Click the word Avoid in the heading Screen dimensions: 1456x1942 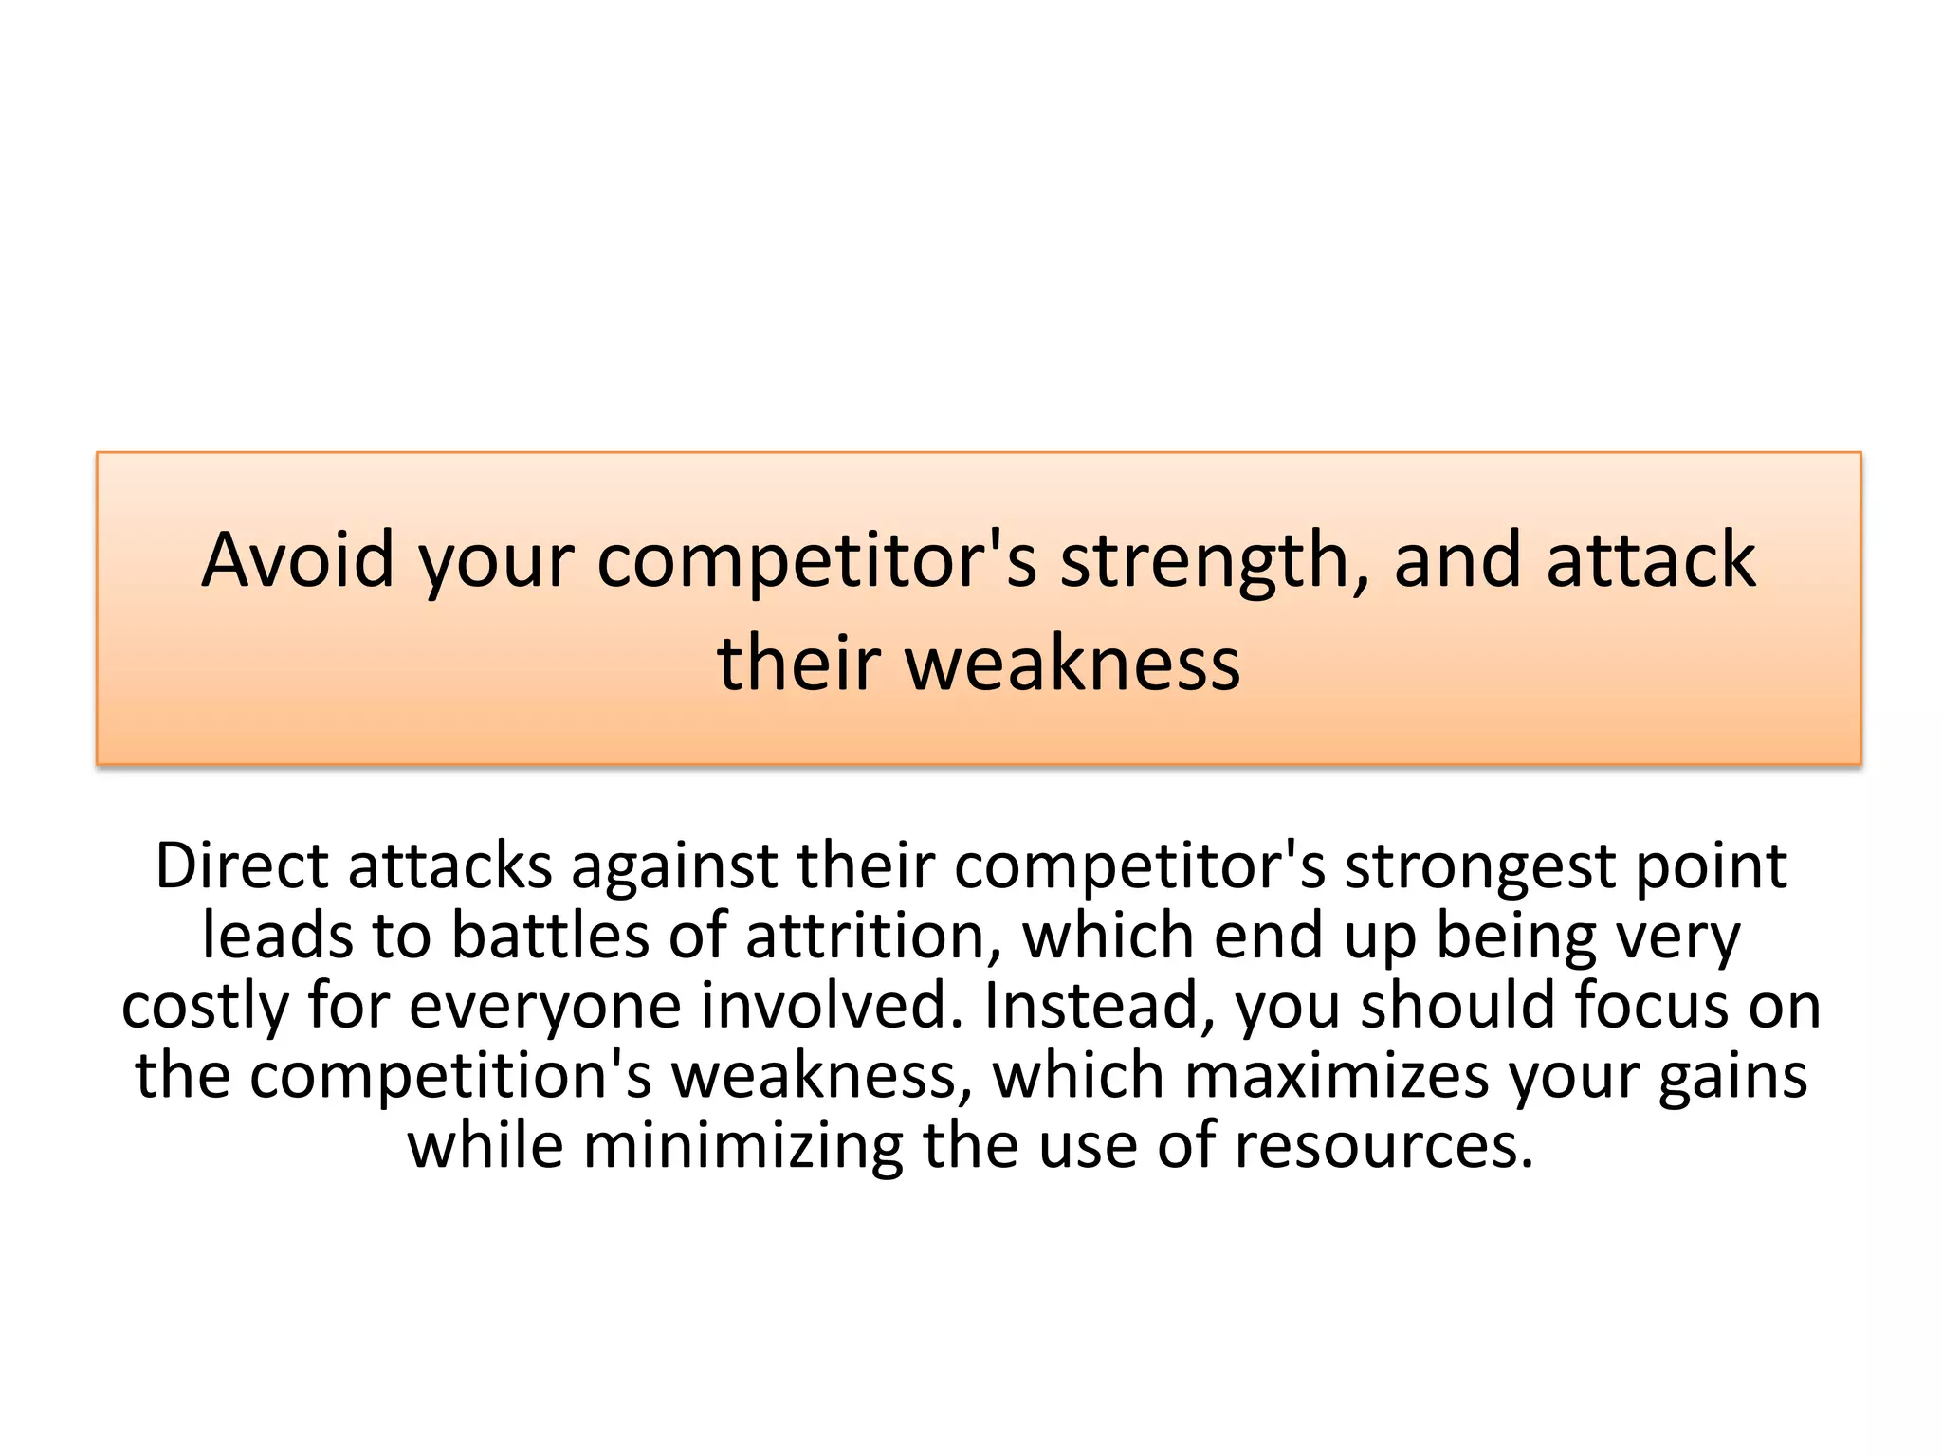[297, 560]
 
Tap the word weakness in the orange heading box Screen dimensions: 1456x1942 [1072, 664]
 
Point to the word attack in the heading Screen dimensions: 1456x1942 [1651, 560]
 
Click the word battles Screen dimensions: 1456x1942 [550, 936]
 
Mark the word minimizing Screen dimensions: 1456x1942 [743, 1146]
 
